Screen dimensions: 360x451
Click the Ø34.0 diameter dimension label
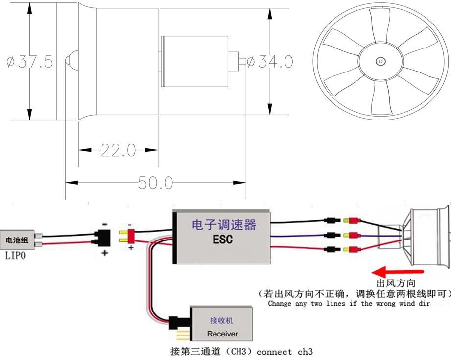pyautogui.click(x=270, y=62)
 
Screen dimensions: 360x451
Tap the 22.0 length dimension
pyautogui.click(x=118, y=150)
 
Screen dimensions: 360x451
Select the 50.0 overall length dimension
pyautogui.click(x=155, y=183)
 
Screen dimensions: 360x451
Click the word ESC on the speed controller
pyautogui.click(x=223, y=240)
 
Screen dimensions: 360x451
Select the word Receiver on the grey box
pyautogui.click(x=222, y=334)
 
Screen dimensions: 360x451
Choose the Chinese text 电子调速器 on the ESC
pyautogui.click(x=223, y=225)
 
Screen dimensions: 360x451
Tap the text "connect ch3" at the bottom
pyautogui.click(x=285, y=352)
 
